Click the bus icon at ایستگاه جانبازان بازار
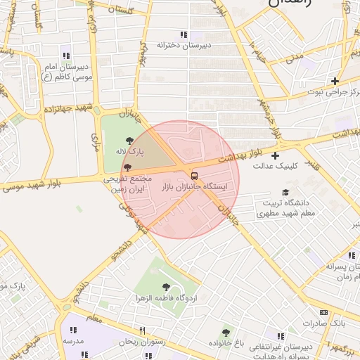(195, 175)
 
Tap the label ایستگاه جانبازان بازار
(195, 187)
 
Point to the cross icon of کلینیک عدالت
(275, 155)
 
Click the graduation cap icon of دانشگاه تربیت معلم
(285, 192)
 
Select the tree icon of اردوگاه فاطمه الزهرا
(166, 287)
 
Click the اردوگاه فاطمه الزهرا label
(166, 298)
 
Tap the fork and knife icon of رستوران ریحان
(142, 330)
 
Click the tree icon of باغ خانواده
(226, 332)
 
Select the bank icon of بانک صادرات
(323, 312)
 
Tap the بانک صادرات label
(323, 323)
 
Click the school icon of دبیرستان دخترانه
(184, 34)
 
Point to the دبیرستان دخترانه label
(184, 46)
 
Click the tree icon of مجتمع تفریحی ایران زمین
(127, 167)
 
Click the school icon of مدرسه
(73, 329)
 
